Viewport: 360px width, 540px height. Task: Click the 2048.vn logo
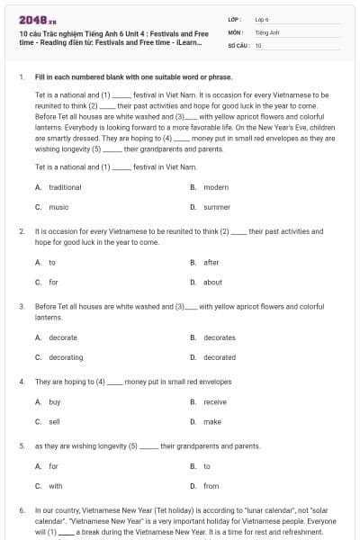[33, 19]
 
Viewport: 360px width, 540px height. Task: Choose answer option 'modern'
[216, 187]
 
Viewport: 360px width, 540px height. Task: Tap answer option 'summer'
[217, 207]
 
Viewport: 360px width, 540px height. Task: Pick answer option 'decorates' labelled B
[220, 337]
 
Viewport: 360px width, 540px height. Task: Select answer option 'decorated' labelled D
[220, 357]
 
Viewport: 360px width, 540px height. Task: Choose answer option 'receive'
[215, 401]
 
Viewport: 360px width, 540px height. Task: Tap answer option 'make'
[212, 421]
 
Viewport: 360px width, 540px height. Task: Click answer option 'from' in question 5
[211, 486]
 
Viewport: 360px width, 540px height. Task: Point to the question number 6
[22, 510]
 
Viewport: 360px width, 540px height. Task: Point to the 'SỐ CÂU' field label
[238, 44]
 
